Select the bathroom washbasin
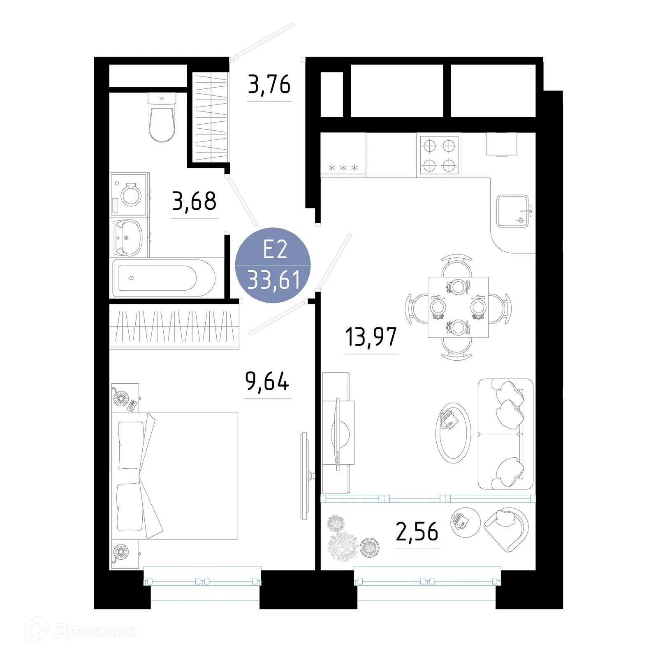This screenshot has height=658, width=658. (x=128, y=238)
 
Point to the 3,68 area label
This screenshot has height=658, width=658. (x=194, y=201)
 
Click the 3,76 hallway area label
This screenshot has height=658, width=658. (x=269, y=84)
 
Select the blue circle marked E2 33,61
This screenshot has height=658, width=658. (x=273, y=265)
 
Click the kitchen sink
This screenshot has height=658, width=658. (x=512, y=211)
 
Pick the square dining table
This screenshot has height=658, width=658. (x=458, y=307)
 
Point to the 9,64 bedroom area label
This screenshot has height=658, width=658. (x=267, y=381)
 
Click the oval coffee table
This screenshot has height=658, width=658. (x=453, y=433)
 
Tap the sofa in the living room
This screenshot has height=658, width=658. (x=505, y=434)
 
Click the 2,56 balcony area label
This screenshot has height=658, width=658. (x=417, y=532)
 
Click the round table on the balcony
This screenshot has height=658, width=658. (x=465, y=522)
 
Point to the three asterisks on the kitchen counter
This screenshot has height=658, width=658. (x=343, y=168)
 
